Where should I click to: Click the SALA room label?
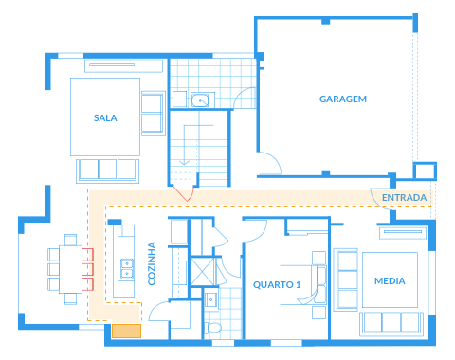(x=105, y=118)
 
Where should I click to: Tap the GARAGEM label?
(x=343, y=99)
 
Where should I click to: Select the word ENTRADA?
(x=404, y=198)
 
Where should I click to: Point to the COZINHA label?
(x=152, y=263)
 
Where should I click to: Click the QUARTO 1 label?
(x=277, y=285)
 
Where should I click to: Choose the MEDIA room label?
(x=390, y=281)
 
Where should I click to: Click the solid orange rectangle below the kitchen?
(x=126, y=331)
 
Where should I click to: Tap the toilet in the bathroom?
(x=212, y=328)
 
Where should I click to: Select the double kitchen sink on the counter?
(x=127, y=269)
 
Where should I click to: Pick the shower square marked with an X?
(x=202, y=272)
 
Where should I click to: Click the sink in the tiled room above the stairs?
(x=200, y=100)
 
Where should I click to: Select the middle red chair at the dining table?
(x=87, y=269)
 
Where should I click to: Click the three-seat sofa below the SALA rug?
(x=107, y=171)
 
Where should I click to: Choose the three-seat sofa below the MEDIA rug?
(x=391, y=324)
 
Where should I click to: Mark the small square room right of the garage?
(x=425, y=171)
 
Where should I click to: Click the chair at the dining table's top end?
(x=70, y=240)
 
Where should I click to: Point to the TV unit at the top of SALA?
(x=123, y=65)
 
